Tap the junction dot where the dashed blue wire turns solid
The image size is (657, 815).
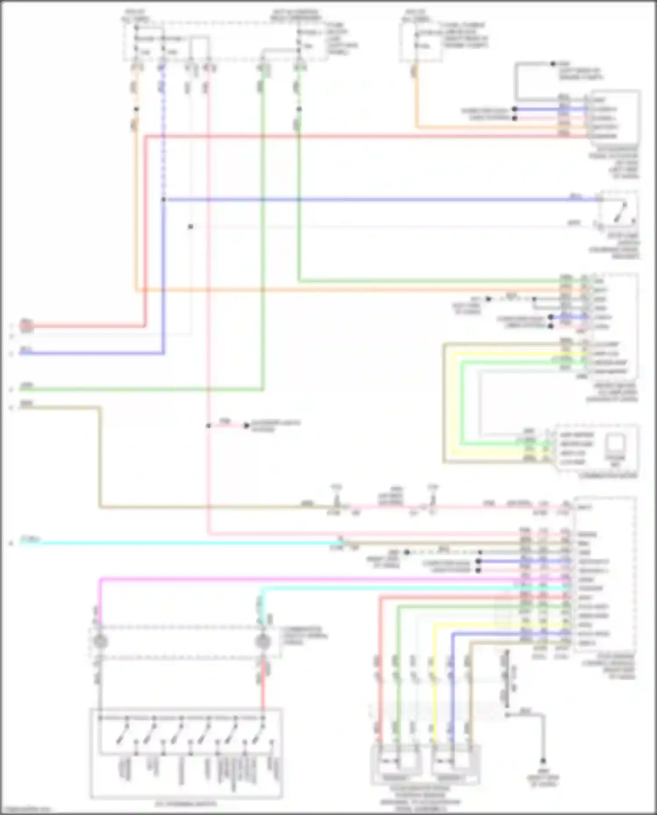pos(163,200)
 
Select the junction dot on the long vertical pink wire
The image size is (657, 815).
pos(208,425)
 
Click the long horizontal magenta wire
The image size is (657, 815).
pos(307,579)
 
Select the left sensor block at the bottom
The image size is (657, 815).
pos(396,764)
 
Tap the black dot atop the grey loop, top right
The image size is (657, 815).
pos(553,64)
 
